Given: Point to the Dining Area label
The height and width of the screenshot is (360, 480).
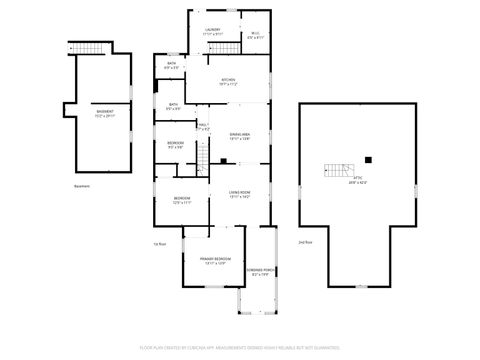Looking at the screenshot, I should (x=239, y=138).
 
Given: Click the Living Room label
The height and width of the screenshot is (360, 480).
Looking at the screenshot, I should (x=239, y=193).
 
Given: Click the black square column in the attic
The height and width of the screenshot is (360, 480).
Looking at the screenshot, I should (x=368, y=158).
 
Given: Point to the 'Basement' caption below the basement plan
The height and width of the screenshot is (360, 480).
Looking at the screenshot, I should (x=82, y=186).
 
